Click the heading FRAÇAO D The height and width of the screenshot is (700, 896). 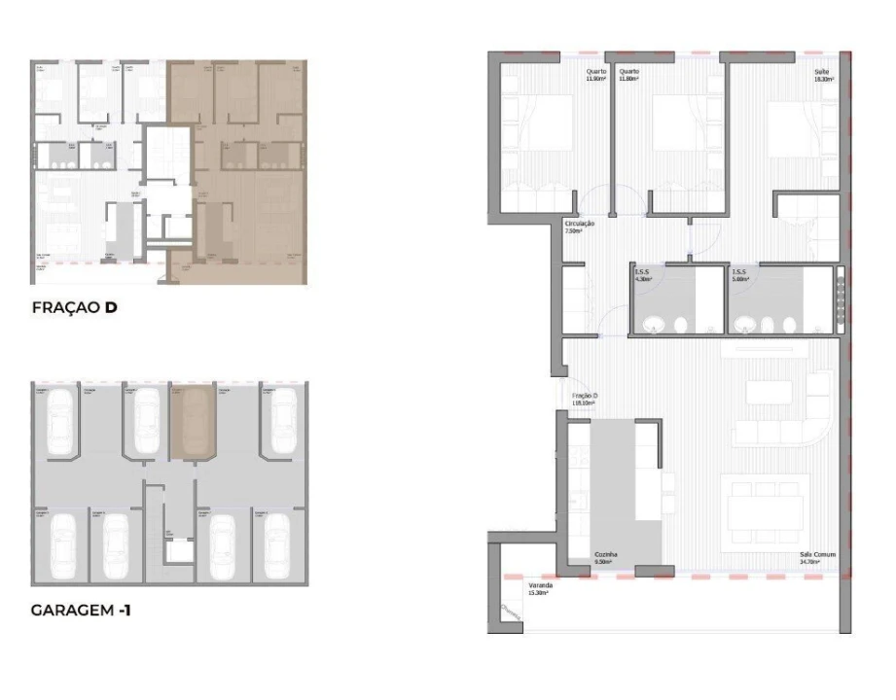[75, 310]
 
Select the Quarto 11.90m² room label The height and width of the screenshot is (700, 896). [595, 75]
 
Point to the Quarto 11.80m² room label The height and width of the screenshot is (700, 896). [628, 75]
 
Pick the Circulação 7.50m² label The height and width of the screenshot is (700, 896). [574, 227]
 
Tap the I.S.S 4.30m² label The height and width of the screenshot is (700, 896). [642, 275]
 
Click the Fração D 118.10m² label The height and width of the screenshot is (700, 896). [583, 399]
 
